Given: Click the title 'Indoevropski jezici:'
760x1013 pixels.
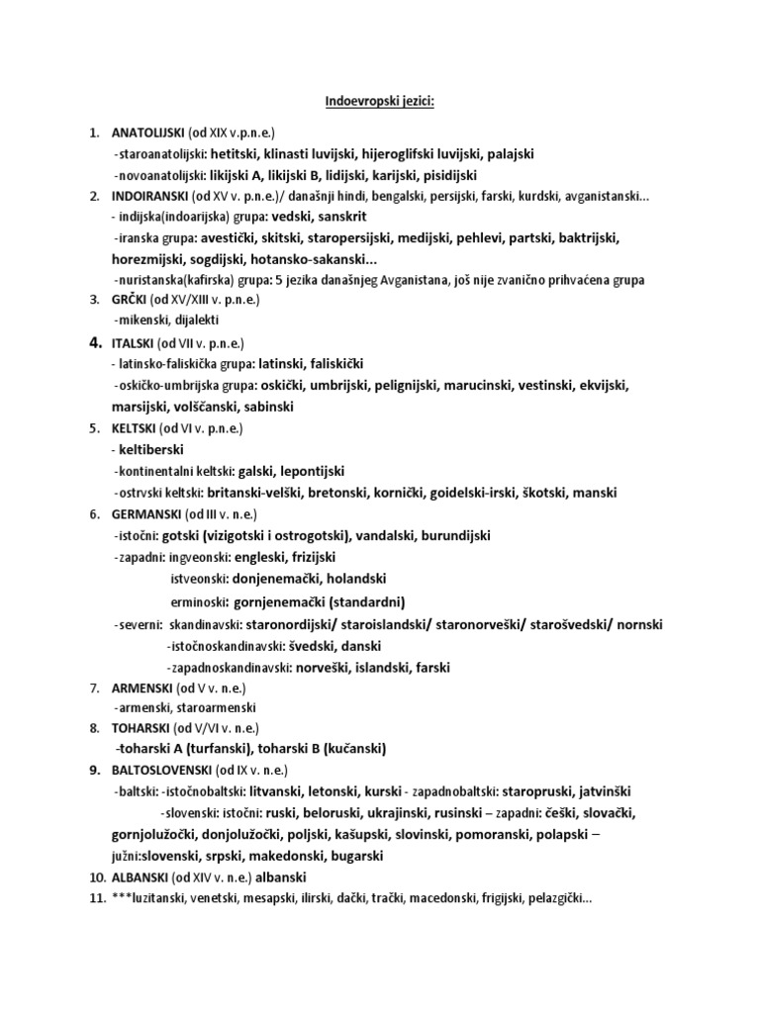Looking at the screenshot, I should click(x=380, y=100).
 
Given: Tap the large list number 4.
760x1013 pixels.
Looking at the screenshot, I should click(x=95, y=343).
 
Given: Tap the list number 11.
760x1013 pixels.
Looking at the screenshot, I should click(x=96, y=898).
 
